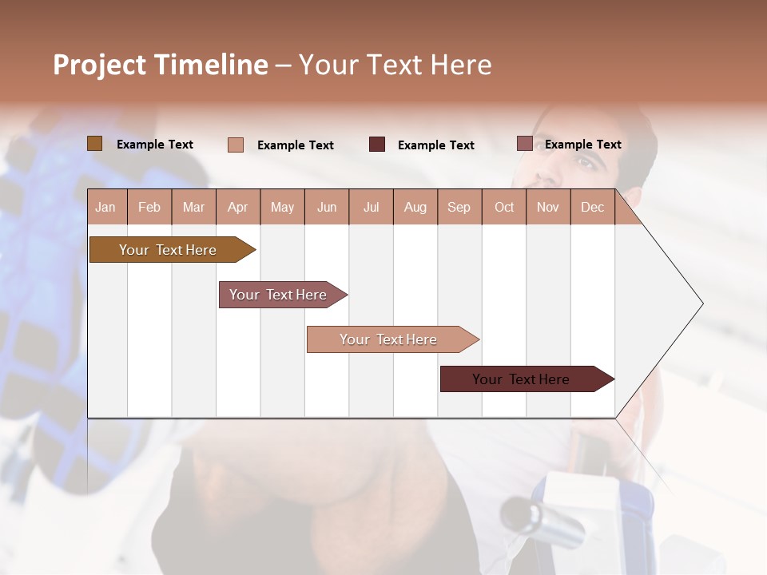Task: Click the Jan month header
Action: tap(105, 208)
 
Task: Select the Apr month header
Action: tap(237, 208)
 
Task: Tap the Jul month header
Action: tap(371, 208)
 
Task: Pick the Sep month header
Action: tap(459, 208)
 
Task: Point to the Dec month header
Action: tap(592, 208)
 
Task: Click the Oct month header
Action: tap(504, 208)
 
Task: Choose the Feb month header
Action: tap(149, 208)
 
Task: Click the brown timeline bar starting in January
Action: tap(168, 250)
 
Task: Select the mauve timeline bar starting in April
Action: tap(278, 295)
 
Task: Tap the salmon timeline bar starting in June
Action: tap(388, 339)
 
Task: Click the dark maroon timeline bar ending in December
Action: tap(521, 379)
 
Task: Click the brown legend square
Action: tap(94, 144)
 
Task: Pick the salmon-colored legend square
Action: tap(236, 145)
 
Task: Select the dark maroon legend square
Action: tap(377, 145)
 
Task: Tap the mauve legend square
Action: tap(524, 144)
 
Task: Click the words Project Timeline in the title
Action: tap(160, 65)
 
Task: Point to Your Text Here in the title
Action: tap(395, 65)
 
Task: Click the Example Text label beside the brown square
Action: tap(155, 145)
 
